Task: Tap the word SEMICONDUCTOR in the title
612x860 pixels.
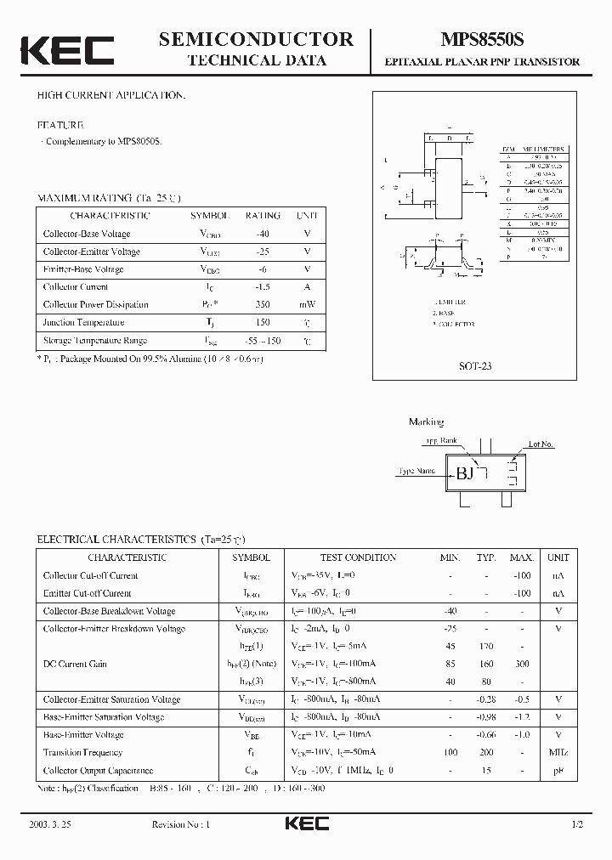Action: (256, 39)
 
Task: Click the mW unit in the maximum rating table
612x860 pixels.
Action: (307, 305)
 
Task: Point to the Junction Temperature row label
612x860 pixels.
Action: (83, 323)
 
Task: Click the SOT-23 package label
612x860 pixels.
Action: (475, 365)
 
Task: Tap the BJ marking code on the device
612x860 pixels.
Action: (465, 474)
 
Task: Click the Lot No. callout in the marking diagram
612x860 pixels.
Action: (541, 444)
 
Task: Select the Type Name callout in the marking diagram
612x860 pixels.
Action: (416, 471)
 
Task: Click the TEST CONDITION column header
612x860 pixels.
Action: (358, 557)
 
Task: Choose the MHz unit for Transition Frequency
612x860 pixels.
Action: (558, 753)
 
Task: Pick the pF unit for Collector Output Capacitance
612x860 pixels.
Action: (558, 771)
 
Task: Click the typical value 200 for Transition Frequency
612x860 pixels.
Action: (486, 753)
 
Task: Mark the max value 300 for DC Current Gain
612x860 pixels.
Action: (521, 664)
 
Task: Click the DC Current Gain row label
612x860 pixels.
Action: (75, 664)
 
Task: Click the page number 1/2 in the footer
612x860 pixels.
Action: (578, 825)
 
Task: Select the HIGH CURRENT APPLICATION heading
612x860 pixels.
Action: (110, 95)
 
